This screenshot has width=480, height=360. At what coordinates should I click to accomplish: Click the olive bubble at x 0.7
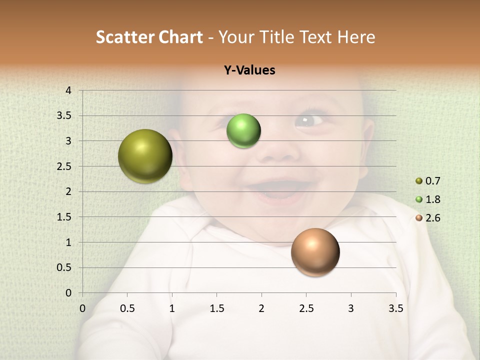tap(145, 156)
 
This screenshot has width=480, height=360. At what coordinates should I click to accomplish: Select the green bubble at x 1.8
tap(243, 130)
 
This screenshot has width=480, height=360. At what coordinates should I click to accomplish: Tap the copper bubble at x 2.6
tap(315, 252)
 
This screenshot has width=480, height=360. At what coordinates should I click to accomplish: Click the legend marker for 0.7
tap(419, 181)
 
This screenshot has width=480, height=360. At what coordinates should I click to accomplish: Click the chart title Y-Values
tap(249, 70)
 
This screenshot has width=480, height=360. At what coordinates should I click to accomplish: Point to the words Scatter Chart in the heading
tap(149, 37)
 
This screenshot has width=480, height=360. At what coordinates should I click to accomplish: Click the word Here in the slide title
tap(356, 37)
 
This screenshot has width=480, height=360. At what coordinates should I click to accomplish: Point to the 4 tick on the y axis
tap(68, 90)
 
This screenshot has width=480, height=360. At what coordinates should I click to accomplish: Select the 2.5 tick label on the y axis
tap(64, 166)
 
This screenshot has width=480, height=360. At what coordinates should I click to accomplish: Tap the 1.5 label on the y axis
tap(64, 217)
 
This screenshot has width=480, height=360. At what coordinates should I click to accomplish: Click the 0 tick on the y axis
tap(68, 293)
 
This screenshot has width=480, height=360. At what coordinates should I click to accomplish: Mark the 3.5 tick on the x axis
tap(395, 308)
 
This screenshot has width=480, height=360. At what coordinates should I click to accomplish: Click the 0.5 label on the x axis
tap(127, 308)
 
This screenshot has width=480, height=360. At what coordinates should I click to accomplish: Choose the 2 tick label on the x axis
tap(261, 308)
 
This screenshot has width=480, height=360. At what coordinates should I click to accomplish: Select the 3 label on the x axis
tap(351, 308)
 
